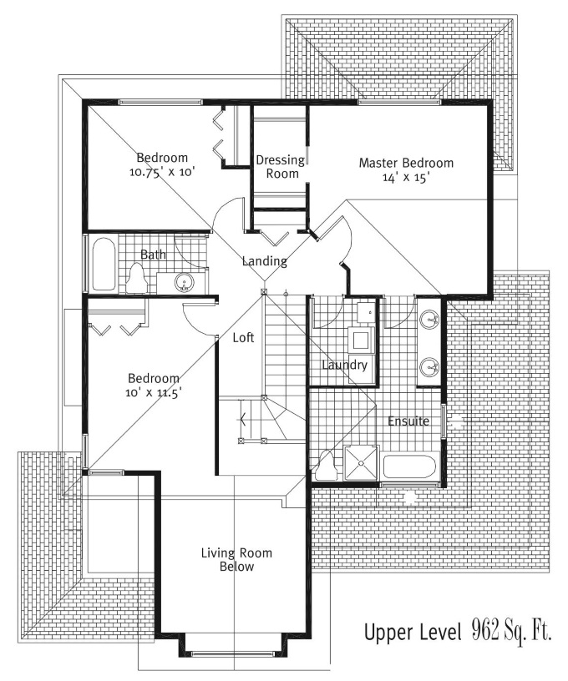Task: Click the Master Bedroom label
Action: click(406, 163)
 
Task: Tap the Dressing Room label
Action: click(281, 167)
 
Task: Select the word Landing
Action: click(264, 261)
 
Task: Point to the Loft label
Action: click(243, 337)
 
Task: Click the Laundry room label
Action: click(345, 365)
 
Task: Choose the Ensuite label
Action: click(408, 421)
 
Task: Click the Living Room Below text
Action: click(236, 559)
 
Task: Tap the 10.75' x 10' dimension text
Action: click(162, 172)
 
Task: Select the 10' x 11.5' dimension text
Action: click(154, 392)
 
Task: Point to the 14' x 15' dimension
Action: click(406, 177)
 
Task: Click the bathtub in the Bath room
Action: click(104, 264)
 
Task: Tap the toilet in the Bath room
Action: click(136, 280)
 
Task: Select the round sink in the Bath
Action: click(185, 283)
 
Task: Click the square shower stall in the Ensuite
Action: click(361, 463)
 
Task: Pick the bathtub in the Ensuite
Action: click(408, 467)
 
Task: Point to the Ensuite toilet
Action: click(325, 465)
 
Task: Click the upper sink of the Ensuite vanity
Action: click(430, 321)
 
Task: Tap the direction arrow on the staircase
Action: click(243, 420)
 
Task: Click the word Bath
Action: click(153, 254)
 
